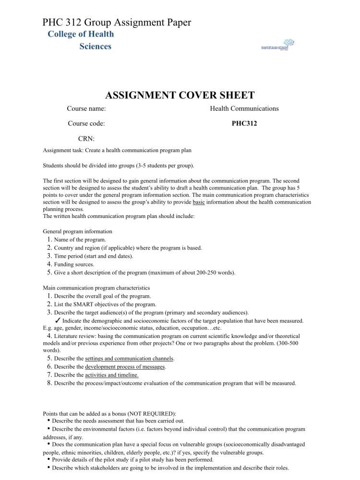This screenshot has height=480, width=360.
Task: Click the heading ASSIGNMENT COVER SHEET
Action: tap(180, 95)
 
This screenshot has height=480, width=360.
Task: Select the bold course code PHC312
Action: tap(244, 123)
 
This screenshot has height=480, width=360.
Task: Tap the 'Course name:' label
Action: tap(86, 108)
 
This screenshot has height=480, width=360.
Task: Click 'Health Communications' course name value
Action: tap(244, 108)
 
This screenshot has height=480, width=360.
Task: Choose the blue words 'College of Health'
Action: tap(81, 34)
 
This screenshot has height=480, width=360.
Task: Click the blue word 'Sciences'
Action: tap(96, 47)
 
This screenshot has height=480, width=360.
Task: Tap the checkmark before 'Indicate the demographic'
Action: tap(57, 320)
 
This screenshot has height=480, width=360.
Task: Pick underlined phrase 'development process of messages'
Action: tap(125, 367)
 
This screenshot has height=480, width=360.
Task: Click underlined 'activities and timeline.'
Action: tap(112, 375)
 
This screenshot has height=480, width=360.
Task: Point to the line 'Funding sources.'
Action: tap(74, 264)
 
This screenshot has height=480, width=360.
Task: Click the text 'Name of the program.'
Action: tap(80, 240)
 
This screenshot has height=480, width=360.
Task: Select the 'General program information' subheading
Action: tap(77, 231)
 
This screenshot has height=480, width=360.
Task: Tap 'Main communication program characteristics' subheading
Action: tap(96, 288)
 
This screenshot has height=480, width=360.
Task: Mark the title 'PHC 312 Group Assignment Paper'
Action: tap(117, 22)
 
